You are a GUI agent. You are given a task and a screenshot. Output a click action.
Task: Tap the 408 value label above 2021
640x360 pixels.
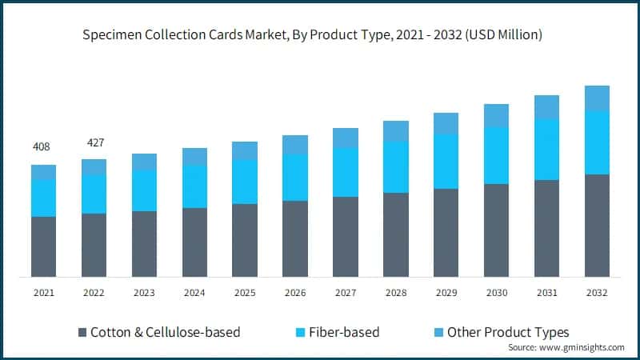(x=41, y=147)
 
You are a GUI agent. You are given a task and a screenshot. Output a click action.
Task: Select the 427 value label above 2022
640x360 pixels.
(x=94, y=142)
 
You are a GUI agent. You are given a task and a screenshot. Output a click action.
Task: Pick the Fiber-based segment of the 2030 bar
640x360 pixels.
(x=496, y=155)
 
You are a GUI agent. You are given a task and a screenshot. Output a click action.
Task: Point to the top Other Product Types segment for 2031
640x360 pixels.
(x=546, y=107)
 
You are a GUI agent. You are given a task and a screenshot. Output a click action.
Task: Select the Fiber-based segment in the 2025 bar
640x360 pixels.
(x=245, y=182)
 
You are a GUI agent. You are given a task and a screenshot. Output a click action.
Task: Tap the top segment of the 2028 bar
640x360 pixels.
(x=396, y=131)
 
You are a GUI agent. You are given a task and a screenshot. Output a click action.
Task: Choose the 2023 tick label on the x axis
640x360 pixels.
(x=144, y=294)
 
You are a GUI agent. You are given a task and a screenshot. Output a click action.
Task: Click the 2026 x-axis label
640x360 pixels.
(x=295, y=294)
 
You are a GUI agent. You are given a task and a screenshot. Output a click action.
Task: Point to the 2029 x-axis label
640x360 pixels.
(x=446, y=294)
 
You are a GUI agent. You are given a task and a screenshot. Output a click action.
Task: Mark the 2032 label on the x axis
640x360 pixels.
(x=597, y=294)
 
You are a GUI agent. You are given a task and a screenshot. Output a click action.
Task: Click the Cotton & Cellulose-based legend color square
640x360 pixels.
(x=82, y=332)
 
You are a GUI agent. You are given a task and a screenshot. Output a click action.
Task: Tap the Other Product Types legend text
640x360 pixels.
(x=508, y=332)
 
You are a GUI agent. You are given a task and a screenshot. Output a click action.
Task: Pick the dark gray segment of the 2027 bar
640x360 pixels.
(x=346, y=237)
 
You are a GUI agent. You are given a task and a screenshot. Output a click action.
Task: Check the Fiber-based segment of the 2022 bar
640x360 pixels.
(x=94, y=194)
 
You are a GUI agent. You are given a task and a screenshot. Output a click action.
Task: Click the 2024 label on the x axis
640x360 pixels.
(x=194, y=294)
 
